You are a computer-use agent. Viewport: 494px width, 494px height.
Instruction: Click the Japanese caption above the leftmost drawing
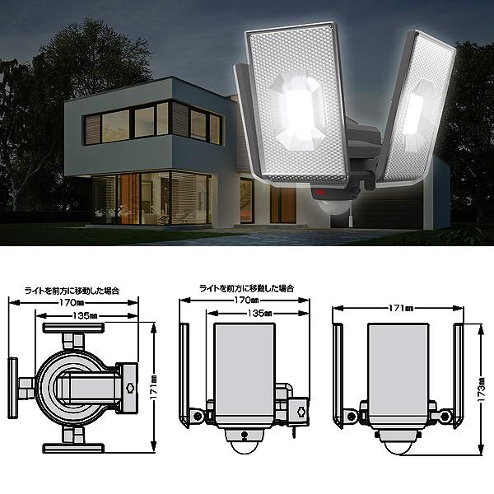pos(72,290)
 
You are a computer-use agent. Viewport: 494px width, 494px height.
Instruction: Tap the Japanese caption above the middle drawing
pos(247,289)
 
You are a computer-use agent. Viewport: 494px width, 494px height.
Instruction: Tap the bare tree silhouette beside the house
pos(116,189)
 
